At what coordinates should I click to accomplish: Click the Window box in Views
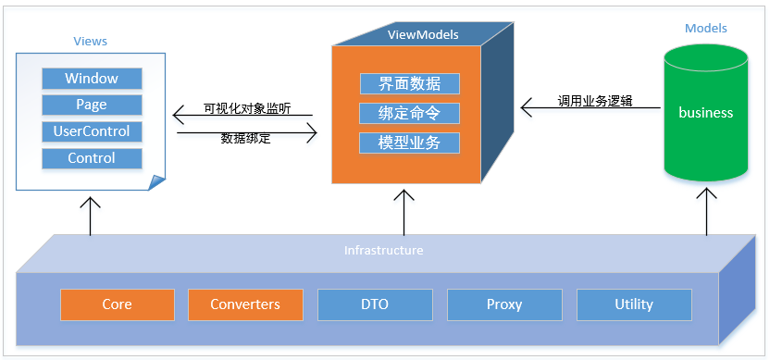(x=92, y=79)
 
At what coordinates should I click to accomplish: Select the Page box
(x=92, y=106)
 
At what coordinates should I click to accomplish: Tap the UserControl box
(x=92, y=131)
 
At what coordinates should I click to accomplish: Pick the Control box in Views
(x=92, y=158)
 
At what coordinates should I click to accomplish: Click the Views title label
(x=91, y=42)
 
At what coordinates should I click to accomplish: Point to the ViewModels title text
(x=423, y=35)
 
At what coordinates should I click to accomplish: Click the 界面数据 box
(x=410, y=84)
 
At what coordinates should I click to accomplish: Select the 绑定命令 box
(x=410, y=114)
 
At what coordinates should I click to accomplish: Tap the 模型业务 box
(x=410, y=143)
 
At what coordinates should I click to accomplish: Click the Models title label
(x=705, y=29)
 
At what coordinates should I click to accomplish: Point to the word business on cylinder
(x=705, y=113)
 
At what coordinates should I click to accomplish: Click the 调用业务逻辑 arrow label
(x=595, y=101)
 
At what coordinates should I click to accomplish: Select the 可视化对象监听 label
(x=247, y=109)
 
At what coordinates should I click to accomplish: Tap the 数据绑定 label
(x=245, y=139)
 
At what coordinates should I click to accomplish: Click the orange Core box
(x=118, y=304)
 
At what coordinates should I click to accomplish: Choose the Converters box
(x=245, y=304)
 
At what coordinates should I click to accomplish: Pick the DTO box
(x=375, y=304)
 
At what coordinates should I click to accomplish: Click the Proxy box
(x=504, y=304)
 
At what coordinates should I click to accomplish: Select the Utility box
(x=634, y=304)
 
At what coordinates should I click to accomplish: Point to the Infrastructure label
(x=383, y=251)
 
